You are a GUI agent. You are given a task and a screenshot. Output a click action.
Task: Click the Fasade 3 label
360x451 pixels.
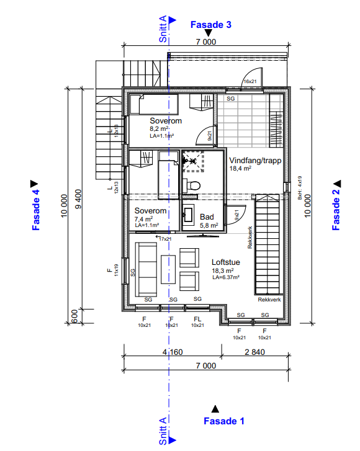[x=210, y=25]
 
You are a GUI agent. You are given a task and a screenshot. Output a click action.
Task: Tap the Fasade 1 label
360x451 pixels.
[x=223, y=421]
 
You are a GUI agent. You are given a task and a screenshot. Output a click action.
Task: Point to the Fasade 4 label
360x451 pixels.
[x=36, y=210]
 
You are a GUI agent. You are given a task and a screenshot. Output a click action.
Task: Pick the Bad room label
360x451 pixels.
[x=207, y=217]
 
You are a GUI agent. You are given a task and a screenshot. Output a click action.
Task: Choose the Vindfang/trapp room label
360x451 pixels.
[x=256, y=160]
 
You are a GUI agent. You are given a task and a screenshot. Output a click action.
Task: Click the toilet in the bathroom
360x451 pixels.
[x=192, y=184]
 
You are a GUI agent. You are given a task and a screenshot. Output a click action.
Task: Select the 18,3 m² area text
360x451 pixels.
[x=222, y=271]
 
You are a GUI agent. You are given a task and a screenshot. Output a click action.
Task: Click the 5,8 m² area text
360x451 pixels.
[x=209, y=225]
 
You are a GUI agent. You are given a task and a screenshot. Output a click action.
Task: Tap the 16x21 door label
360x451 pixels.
[x=250, y=81]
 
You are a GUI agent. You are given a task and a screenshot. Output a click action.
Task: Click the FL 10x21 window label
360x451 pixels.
[x=197, y=321]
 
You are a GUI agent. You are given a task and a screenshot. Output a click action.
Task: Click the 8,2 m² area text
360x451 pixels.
[x=160, y=128]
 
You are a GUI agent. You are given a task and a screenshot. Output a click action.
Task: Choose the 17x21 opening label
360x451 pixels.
[x=165, y=238]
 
